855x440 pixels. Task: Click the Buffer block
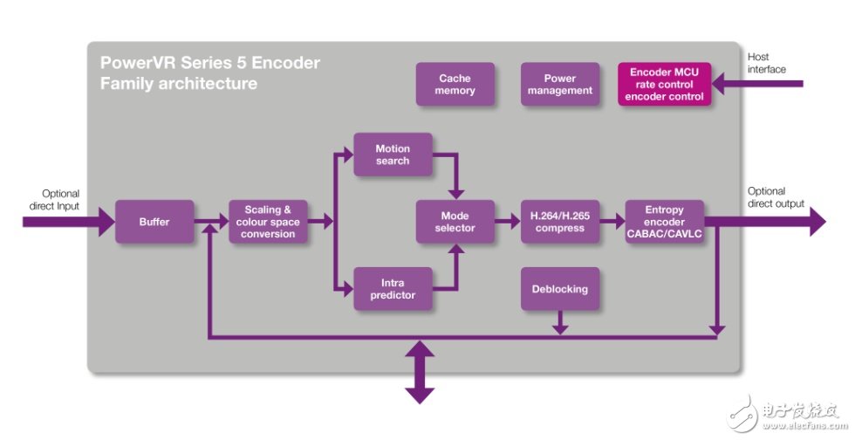pos(154,222)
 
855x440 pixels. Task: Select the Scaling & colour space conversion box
pos(268,222)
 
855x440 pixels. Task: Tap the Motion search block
pos(392,155)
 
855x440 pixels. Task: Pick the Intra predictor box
pos(392,289)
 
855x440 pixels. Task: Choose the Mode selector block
pos(455,222)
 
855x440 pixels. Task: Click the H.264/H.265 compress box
pos(559,222)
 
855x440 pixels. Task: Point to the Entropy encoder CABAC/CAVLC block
pos(665,222)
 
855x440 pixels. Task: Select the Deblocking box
pos(559,289)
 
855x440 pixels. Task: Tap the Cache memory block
pos(455,85)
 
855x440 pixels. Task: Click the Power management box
pos(559,85)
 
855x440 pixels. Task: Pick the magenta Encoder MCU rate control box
pos(665,85)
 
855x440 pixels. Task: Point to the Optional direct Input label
pos(60,200)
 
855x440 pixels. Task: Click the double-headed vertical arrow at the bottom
pos(419,371)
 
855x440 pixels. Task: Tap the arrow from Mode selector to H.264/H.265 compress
pos(507,222)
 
